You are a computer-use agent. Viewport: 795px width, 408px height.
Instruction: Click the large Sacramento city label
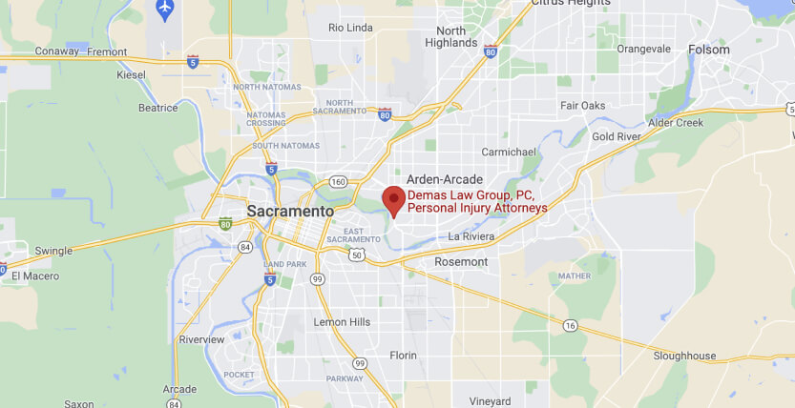tap(290, 211)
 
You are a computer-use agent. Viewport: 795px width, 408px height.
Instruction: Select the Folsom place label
tap(708, 50)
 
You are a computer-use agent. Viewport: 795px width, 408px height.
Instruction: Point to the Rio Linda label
tap(350, 28)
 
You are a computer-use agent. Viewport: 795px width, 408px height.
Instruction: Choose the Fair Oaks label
tap(583, 105)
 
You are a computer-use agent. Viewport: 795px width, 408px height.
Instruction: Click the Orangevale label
tap(644, 49)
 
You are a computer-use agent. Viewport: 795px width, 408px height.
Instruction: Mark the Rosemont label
tap(461, 261)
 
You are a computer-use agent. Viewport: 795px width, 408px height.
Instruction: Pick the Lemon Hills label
tap(342, 322)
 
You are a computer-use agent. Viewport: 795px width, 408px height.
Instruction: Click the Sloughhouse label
tap(684, 356)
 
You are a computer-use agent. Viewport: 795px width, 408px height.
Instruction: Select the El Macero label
tap(35, 276)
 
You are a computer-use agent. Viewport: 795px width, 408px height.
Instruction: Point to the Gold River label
tap(616, 137)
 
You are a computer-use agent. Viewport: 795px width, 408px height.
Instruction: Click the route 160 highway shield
tap(337, 181)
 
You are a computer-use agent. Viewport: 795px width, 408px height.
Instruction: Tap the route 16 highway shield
tap(570, 326)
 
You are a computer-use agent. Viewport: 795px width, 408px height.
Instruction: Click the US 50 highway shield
tap(356, 255)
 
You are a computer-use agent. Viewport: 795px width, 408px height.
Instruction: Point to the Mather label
tap(575, 276)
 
